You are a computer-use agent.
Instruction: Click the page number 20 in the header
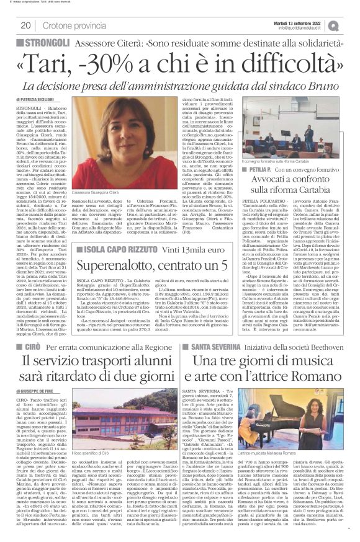click(26, 25)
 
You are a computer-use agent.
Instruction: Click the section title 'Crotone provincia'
click(69, 25)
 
